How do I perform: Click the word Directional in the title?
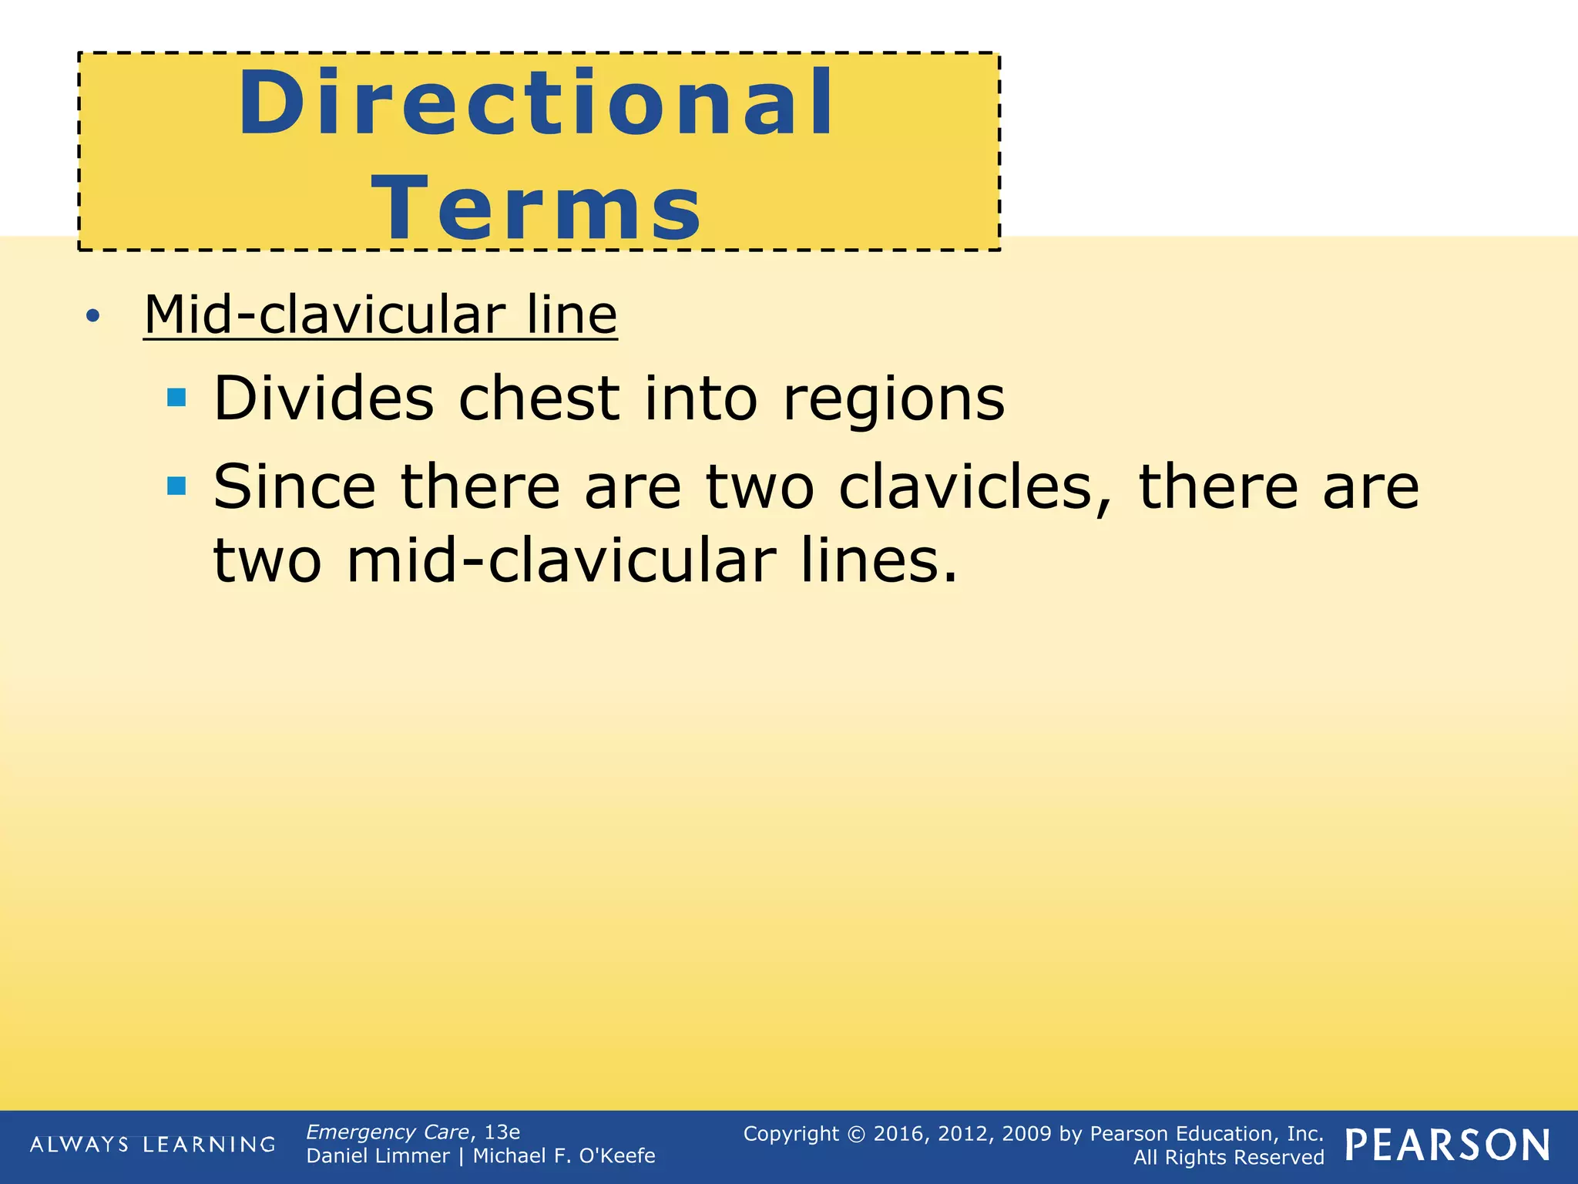pos(536,103)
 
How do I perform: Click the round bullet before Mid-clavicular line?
pos(93,315)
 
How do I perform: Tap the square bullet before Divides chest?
pos(176,398)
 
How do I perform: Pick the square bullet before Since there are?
pos(176,486)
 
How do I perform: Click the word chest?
pos(539,399)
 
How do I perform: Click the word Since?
pos(294,487)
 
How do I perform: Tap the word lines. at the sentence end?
pos(879,560)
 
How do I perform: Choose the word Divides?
pos(324,399)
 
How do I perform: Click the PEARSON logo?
pos(1448,1145)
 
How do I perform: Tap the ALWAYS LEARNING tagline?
pos(153,1145)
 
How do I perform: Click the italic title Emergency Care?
pos(388,1132)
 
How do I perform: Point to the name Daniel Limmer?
pos(378,1156)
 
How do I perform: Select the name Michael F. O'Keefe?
pos(564,1156)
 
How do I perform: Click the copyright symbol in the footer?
pos(856,1134)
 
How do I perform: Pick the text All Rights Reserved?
pos(1228,1158)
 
